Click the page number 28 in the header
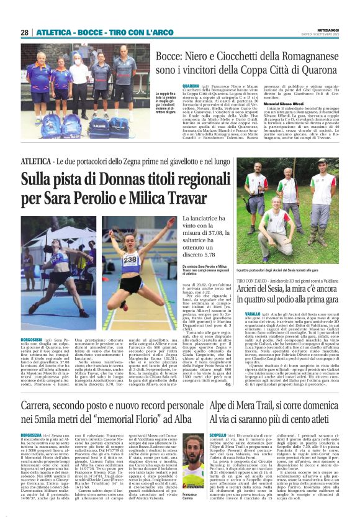click(25, 32)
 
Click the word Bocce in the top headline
click(172, 56)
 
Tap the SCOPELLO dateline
click(220, 434)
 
